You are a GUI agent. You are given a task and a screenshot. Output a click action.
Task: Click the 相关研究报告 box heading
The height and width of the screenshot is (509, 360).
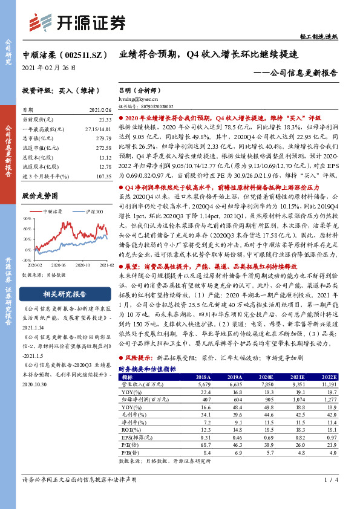pyautogui.click(x=63, y=294)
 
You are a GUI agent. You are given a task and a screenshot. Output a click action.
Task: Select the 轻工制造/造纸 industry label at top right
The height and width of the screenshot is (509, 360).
pyautogui.click(x=334, y=37)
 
